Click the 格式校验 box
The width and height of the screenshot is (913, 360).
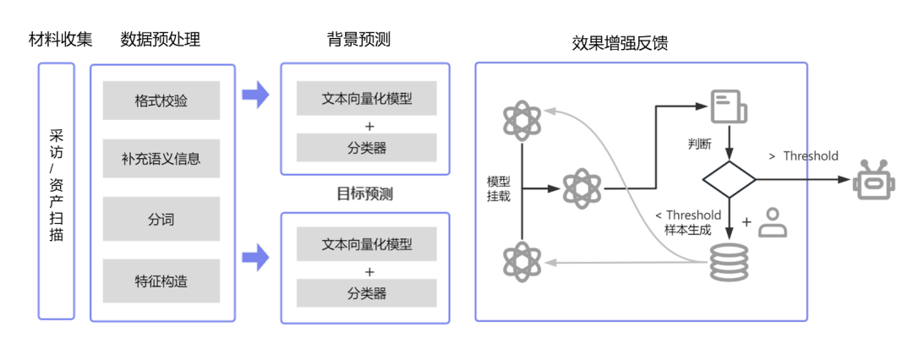pos(161,101)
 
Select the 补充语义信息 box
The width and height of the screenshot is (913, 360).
pos(161,158)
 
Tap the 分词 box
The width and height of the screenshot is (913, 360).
pos(161,219)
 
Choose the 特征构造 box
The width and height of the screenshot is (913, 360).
pos(161,281)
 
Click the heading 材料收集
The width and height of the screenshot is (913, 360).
pos(61,39)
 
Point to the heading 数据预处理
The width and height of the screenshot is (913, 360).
pos(161,39)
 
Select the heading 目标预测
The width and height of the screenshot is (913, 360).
pos(365,194)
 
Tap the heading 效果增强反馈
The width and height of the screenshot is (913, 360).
pos(621,43)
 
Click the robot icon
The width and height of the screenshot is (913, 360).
pos(874,179)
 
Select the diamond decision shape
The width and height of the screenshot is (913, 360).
pos(729,180)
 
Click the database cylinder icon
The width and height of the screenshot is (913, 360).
pos(729,263)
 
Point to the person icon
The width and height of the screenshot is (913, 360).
pos(771,221)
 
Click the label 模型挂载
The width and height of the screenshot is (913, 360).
pos(499,188)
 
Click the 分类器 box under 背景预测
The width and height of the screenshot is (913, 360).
pos(366,148)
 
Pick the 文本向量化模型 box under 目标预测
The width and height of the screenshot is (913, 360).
pos(366,245)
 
